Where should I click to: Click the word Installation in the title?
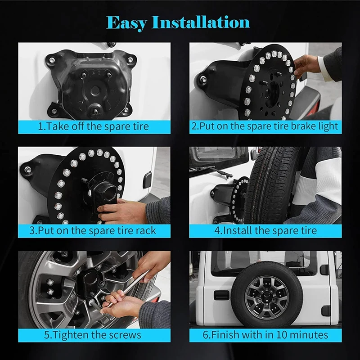coord(202,22)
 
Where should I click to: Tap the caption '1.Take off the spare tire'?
coord(94,126)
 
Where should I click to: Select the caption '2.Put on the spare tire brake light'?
coord(265,126)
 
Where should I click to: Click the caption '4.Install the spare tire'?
coord(265,231)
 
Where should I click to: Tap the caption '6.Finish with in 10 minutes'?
coord(265,335)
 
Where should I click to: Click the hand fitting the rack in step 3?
coord(121,211)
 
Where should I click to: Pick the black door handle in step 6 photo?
coord(221,295)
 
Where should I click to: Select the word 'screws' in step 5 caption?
coord(126,335)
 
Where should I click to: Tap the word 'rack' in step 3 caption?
coord(144,230)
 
